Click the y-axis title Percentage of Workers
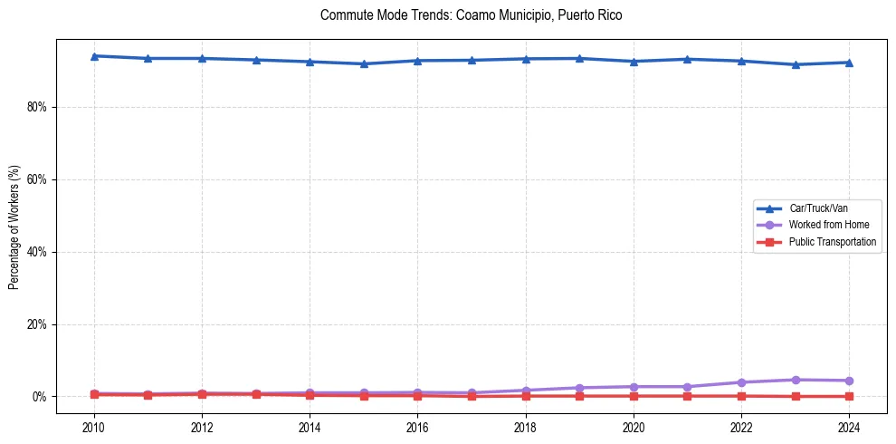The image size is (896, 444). click(14, 227)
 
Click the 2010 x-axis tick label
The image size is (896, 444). click(93, 427)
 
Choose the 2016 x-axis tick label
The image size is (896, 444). click(417, 427)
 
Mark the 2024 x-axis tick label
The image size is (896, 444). click(849, 427)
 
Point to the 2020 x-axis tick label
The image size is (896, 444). click(634, 427)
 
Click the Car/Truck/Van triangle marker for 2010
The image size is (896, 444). click(93, 56)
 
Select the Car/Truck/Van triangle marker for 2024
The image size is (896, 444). click(849, 63)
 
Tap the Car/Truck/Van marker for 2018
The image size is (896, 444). click(526, 59)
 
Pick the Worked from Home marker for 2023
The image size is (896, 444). click(796, 380)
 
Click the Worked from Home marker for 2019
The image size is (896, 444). click(579, 388)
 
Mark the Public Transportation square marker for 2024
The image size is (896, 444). click(849, 396)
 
